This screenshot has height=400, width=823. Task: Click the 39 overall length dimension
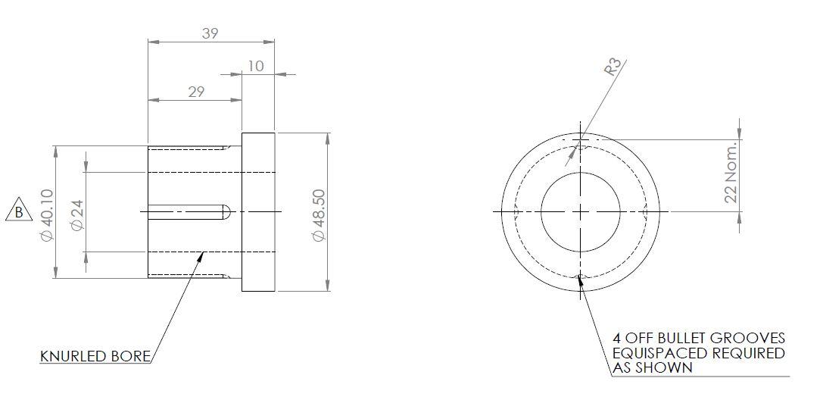210,34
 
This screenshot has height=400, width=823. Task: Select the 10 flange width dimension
256,67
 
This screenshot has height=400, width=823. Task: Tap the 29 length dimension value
196,92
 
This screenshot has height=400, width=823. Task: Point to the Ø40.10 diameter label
47,215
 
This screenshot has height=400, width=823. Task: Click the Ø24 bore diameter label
76,215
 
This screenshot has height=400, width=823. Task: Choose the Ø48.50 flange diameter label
318,215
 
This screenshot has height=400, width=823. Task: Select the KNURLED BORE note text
95,356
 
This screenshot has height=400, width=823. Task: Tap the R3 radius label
614,67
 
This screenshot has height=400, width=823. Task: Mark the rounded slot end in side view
225,211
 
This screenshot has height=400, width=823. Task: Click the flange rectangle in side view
258,212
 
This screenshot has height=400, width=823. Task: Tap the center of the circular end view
581,211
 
